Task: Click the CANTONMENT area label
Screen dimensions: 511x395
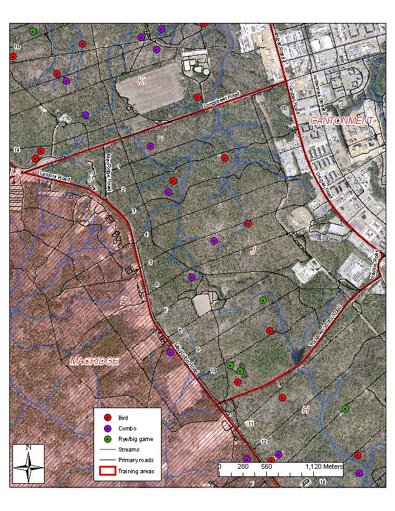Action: [342, 120]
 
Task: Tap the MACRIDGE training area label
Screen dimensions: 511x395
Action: [93, 360]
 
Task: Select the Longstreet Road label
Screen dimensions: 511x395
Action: [221, 102]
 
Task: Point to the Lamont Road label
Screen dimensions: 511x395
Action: [55, 177]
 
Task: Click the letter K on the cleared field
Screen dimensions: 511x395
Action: [141, 81]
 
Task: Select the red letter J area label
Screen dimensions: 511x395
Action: [253, 250]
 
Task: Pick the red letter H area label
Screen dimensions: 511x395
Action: [305, 409]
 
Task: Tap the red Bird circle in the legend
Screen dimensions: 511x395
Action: [106, 418]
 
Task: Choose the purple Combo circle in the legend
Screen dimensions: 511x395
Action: [106, 429]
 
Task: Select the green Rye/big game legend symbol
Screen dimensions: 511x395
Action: [106, 439]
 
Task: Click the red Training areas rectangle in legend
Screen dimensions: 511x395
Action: [106, 471]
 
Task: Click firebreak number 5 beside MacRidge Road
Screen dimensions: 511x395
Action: [151, 263]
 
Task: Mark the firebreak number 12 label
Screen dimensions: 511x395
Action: [264, 442]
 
